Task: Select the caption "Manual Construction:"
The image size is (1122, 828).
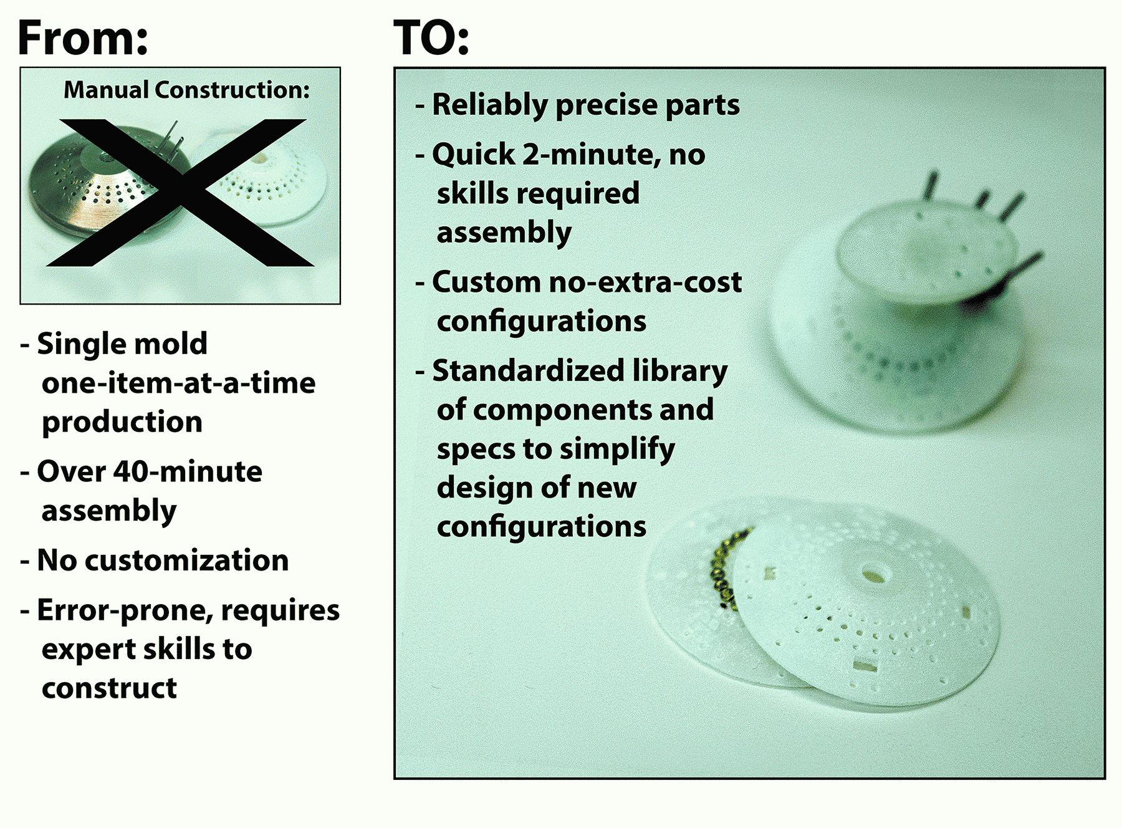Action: tap(186, 90)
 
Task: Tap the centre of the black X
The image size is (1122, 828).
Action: tap(181, 192)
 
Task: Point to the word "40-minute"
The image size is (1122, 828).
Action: tap(188, 471)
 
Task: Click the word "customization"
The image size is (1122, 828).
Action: tap(186, 560)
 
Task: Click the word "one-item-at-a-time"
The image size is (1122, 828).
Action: tap(178, 383)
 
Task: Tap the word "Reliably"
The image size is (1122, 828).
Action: tap(490, 105)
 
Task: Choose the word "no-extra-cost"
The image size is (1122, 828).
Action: tap(645, 282)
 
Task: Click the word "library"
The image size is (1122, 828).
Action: tap(680, 372)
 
